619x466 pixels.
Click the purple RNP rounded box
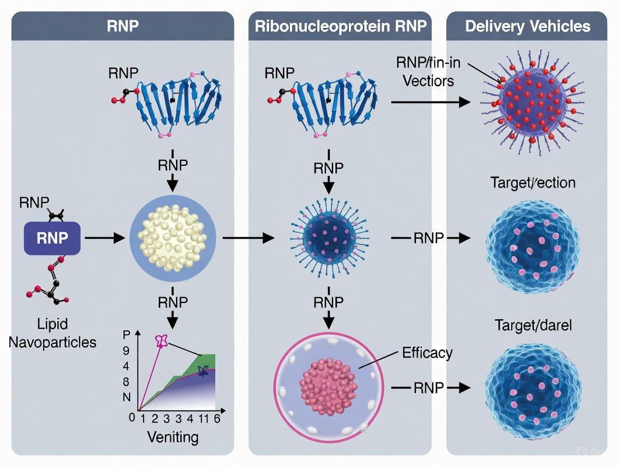(x=52, y=237)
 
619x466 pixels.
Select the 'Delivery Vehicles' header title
(x=527, y=26)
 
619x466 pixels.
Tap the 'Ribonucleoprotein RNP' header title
(x=340, y=26)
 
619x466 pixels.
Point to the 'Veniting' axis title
(x=173, y=436)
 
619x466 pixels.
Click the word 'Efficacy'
(x=427, y=353)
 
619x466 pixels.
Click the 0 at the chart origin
(x=132, y=417)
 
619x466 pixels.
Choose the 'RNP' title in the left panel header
(x=122, y=26)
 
